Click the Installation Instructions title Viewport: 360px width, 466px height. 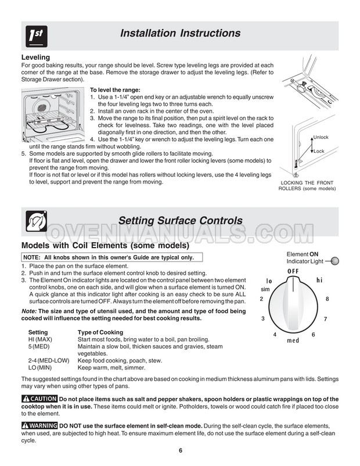(180, 33)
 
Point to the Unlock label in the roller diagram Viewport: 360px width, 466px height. (321, 137)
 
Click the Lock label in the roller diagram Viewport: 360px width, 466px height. (319, 151)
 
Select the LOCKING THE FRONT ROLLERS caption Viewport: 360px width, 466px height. (307, 185)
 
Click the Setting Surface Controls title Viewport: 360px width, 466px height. (180, 221)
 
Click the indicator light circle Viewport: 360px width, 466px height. (335, 261)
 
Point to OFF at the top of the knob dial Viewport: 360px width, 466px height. (293, 271)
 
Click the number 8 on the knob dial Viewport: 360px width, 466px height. (327, 299)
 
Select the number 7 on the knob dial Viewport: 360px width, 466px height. (325, 319)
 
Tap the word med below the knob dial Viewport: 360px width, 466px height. (293, 340)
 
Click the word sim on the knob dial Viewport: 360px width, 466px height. (265, 289)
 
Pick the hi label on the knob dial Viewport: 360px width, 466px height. (319, 280)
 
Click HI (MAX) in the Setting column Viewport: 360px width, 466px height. (40, 339)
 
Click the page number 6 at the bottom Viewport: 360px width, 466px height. (181, 453)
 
